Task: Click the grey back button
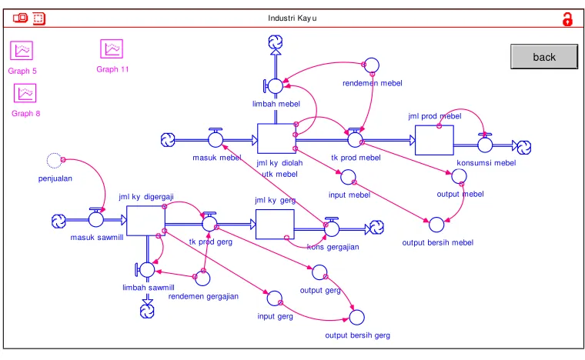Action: [x=544, y=57]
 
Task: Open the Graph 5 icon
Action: [x=22, y=50]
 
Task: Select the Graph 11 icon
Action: [x=112, y=48]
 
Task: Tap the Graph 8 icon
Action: [x=25, y=93]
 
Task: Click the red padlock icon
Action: [x=567, y=19]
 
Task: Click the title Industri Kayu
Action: [x=292, y=18]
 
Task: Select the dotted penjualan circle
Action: [x=54, y=161]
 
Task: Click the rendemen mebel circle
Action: [x=372, y=65]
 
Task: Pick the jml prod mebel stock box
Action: [x=434, y=140]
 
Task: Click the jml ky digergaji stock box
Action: [x=145, y=221]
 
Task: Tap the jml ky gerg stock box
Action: [x=275, y=225]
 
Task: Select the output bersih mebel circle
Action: [x=436, y=225]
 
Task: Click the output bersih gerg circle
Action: [x=356, y=318]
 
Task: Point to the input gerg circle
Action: [x=275, y=298]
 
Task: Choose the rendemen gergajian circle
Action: [x=202, y=278]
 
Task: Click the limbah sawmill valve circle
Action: [x=147, y=270]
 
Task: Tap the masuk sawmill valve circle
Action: [x=96, y=219]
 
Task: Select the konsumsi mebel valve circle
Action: [x=485, y=145]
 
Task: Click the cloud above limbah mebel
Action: [x=276, y=42]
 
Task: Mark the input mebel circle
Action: [x=348, y=177]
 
